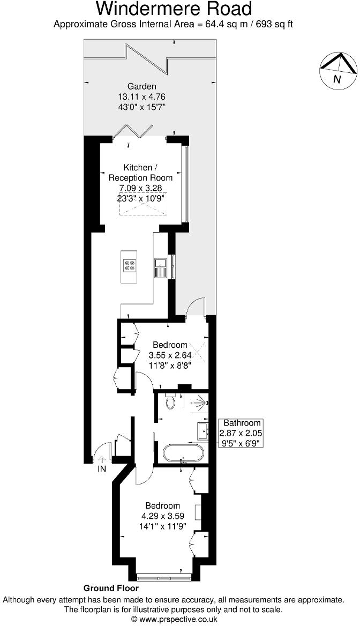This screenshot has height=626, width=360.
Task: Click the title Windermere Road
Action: (x=174, y=9)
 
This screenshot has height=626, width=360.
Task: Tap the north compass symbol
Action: (x=338, y=71)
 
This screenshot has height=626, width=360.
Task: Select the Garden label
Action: (x=142, y=86)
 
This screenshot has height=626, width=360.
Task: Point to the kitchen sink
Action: (x=160, y=266)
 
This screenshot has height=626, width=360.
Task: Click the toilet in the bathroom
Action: (x=170, y=402)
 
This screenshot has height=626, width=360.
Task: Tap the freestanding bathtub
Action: (x=183, y=453)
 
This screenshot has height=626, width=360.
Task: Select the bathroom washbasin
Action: (x=202, y=430)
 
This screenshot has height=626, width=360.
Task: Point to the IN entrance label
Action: (x=102, y=469)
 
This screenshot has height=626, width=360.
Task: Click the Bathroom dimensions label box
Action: (x=242, y=433)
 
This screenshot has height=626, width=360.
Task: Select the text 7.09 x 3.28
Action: (x=141, y=188)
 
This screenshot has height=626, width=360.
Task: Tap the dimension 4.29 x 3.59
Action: (x=163, y=516)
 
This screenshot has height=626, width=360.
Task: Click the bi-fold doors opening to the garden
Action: (x=138, y=131)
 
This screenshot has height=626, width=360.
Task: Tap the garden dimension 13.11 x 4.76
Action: (x=141, y=96)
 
